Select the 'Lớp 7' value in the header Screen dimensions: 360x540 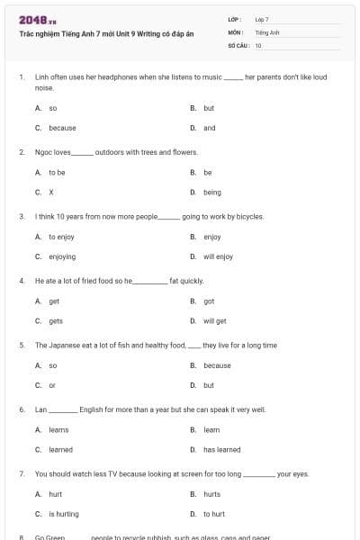tap(262, 19)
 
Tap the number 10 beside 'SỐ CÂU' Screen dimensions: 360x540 tap(258, 45)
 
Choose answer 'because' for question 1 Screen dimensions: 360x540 tap(62, 128)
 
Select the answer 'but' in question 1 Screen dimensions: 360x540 tap(209, 108)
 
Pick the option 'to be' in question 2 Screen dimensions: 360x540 tap(57, 172)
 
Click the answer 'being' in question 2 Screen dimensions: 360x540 tap(211, 192)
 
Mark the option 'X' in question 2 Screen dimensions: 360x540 tap(51, 192)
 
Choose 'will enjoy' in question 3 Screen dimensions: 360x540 tap(218, 256)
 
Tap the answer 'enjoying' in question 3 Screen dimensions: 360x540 tap(62, 256)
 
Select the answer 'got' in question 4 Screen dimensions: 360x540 tap(209, 301)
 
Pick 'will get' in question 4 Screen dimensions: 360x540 tap(215, 320)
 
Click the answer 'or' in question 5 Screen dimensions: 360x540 tap(52, 385)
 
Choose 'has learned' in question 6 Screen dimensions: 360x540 tap(221, 449)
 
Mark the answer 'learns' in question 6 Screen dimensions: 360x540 tap(58, 430)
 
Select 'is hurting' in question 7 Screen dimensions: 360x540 tap(64, 514)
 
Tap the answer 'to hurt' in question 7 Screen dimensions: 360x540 tap(214, 514)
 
